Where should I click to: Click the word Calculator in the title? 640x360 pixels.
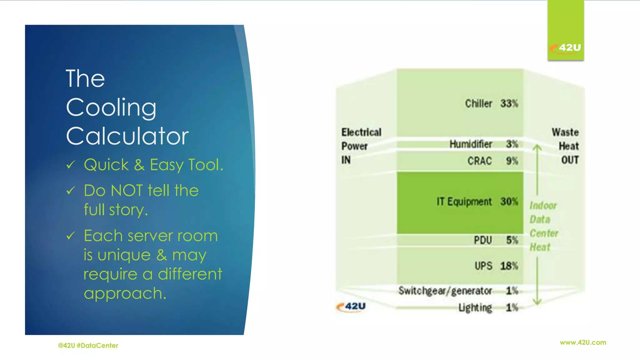click(x=127, y=136)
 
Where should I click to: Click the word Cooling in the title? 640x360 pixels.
click(x=111, y=107)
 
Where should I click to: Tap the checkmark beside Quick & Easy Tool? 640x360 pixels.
click(x=71, y=164)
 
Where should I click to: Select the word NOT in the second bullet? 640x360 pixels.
click(x=127, y=190)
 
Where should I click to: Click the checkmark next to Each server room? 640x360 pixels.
click(x=71, y=235)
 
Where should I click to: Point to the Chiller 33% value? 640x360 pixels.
click(x=509, y=103)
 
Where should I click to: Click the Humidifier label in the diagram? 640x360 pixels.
click(x=471, y=144)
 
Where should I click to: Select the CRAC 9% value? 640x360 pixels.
click(x=512, y=161)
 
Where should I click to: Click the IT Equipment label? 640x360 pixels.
click(x=464, y=202)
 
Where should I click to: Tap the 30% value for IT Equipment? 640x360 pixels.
click(x=509, y=202)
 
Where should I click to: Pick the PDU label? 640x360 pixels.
click(x=483, y=240)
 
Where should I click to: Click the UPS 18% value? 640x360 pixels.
click(x=509, y=266)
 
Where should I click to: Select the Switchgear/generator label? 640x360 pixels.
click(x=445, y=291)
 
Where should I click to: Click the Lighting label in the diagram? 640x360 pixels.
click(x=475, y=308)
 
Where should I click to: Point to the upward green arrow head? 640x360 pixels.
click(x=537, y=147)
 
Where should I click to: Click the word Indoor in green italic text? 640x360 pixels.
click(x=543, y=206)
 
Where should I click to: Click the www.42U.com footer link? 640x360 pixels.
click(x=583, y=342)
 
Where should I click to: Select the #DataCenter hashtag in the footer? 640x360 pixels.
click(x=97, y=346)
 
